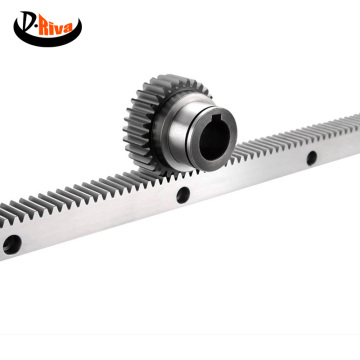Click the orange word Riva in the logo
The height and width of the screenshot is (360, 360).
point(55,27)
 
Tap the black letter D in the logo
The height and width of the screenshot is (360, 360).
point(27,22)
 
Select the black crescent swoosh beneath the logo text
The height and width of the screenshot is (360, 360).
point(47,36)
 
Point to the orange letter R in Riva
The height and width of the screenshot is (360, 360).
point(44,27)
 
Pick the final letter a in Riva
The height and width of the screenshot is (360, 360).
point(68,28)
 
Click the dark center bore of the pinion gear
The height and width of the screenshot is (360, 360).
point(214,138)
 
